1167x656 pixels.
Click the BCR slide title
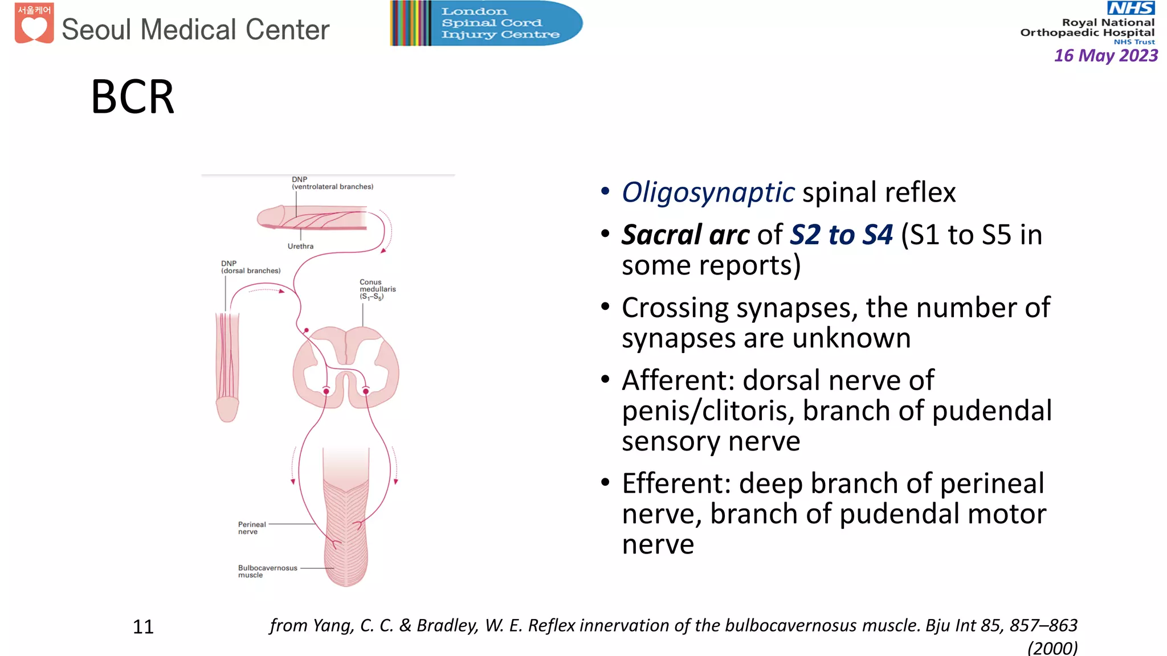[x=132, y=97]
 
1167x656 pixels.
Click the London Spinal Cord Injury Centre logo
[x=486, y=23]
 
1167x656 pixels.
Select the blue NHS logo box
[x=1131, y=8]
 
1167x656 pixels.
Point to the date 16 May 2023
[x=1105, y=56]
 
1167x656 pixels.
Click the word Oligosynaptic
[x=708, y=192]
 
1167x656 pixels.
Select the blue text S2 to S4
[x=841, y=235]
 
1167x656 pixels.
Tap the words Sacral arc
[x=685, y=235]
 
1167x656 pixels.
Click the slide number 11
[x=143, y=627]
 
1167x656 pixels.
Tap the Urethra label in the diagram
[x=300, y=247]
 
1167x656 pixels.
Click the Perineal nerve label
[x=251, y=528]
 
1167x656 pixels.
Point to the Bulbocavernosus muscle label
[x=267, y=571]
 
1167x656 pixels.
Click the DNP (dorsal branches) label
[x=250, y=267]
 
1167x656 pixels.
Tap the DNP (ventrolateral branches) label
[x=332, y=183]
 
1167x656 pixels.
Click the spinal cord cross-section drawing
[x=346, y=367]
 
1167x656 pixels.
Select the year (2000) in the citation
[x=1052, y=648]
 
